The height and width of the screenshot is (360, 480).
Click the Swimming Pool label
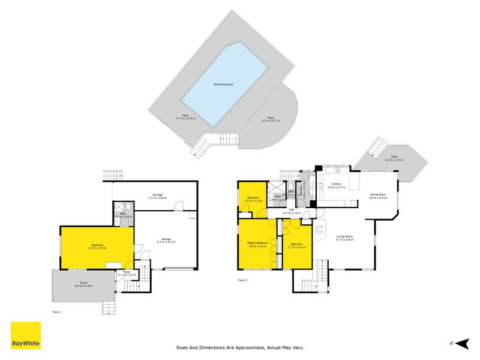(223, 85)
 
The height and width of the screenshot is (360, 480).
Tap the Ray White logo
(26, 335)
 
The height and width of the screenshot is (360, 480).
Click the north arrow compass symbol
(461, 343)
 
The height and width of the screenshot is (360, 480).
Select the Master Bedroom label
(257, 242)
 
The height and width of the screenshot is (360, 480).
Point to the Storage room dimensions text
(157, 199)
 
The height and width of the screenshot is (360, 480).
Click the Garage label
(166, 238)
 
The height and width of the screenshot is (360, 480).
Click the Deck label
(402, 158)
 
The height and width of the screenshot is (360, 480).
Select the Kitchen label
(337, 184)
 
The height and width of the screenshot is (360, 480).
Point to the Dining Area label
(378, 194)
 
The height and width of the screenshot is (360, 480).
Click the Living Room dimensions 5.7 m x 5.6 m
(344, 240)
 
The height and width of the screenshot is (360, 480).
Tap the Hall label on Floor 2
(291, 209)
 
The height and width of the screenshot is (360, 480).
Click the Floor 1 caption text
(56, 312)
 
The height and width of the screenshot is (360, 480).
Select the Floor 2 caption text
(242, 280)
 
